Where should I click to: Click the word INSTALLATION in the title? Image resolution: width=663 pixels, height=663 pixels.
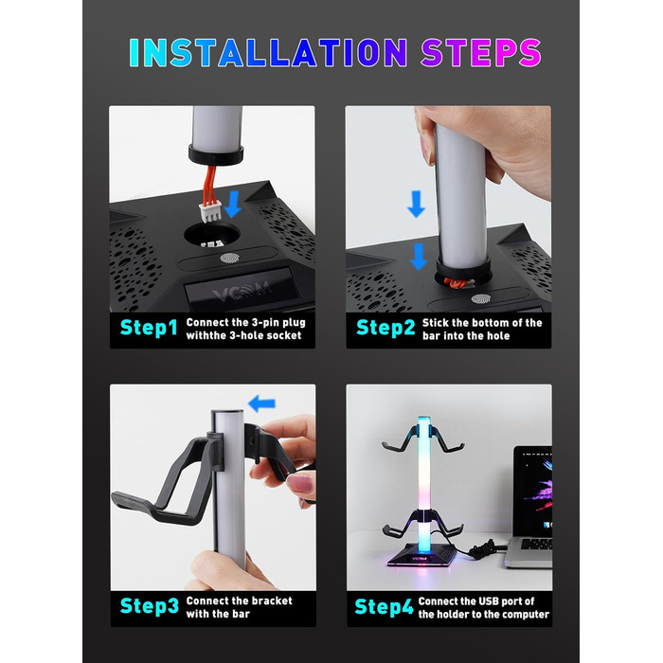point(268,52)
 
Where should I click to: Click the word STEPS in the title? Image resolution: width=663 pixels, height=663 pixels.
point(481,52)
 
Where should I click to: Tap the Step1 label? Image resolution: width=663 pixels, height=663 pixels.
point(149,328)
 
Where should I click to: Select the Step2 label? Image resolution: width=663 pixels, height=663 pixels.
point(385,328)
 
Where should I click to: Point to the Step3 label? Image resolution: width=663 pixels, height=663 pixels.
point(150,606)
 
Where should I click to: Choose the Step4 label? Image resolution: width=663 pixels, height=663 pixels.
point(384,607)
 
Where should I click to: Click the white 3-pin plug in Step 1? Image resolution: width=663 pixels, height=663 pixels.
point(210,212)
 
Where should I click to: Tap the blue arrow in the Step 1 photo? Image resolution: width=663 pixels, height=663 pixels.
point(233,204)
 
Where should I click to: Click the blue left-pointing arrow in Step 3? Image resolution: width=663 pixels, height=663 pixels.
point(262,403)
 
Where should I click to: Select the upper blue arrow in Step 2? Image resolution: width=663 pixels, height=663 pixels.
point(416,204)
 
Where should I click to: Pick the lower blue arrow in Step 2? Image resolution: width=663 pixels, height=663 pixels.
point(419,257)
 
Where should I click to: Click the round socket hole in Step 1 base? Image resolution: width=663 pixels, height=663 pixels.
point(211,236)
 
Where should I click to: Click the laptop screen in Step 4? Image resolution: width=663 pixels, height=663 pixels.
point(534,492)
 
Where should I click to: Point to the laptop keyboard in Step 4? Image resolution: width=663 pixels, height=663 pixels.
point(535,545)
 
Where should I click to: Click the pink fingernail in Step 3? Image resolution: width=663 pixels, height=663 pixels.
point(303,483)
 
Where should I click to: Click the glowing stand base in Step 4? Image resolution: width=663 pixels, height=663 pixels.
point(422,556)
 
